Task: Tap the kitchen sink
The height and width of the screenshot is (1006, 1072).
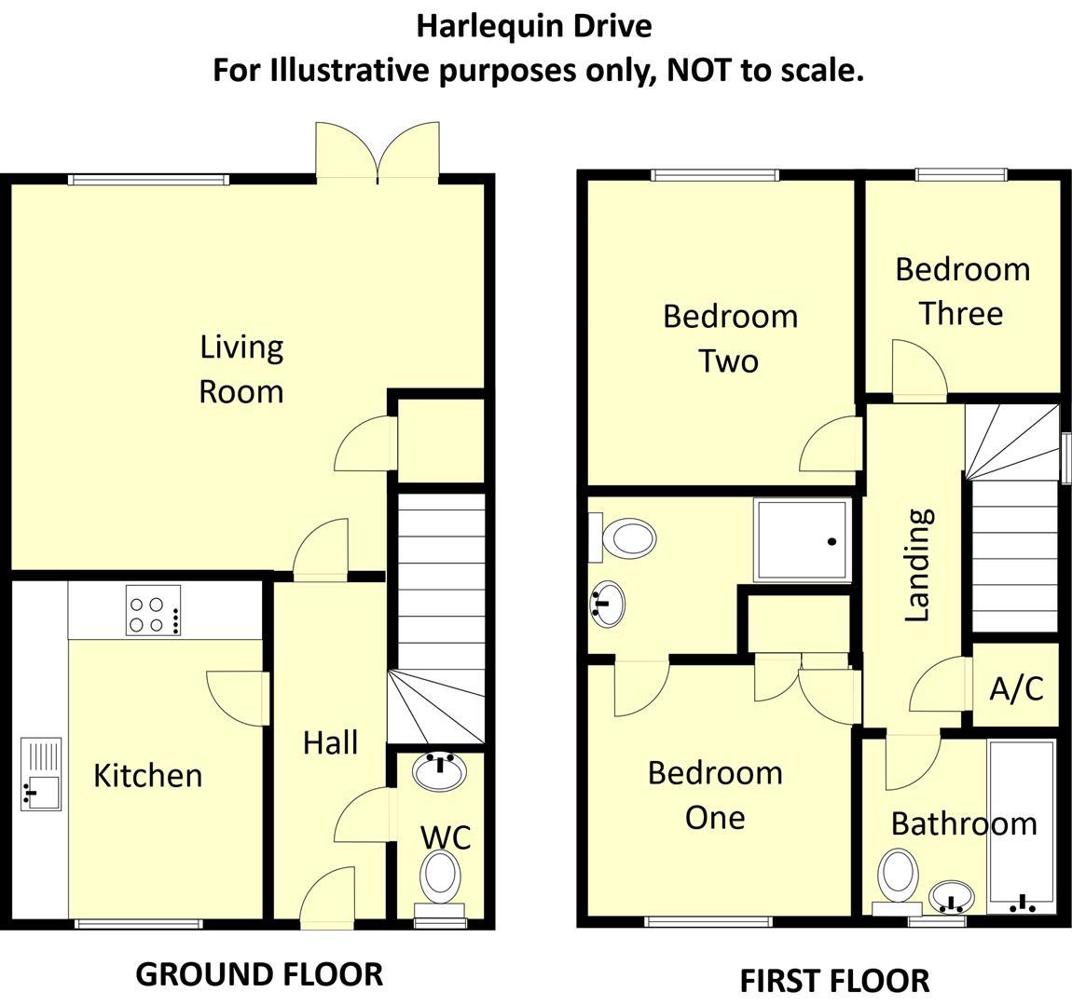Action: (x=40, y=774)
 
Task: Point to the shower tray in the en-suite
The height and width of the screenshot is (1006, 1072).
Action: (x=803, y=540)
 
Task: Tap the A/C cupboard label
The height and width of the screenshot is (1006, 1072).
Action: (x=1016, y=689)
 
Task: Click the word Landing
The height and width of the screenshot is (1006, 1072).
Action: (x=919, y=564)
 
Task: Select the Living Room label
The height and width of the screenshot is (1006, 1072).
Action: (x=241, y=369)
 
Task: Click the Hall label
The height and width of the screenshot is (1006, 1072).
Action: (x=330, y=742)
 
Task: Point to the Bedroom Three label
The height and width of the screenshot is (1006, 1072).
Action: (x=962, y=291)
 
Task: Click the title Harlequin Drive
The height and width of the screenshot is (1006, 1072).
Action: (x=533, y=26)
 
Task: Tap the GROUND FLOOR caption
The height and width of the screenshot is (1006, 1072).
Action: (x=259, y=974)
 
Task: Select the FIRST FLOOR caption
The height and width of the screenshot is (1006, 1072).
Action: (x=834, y=981)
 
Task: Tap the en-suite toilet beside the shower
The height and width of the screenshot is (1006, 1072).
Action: (x=629, y=537)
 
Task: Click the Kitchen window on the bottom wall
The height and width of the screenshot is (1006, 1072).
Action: (x=138, y=924)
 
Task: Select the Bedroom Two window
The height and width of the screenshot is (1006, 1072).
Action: (x=715, y=174)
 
